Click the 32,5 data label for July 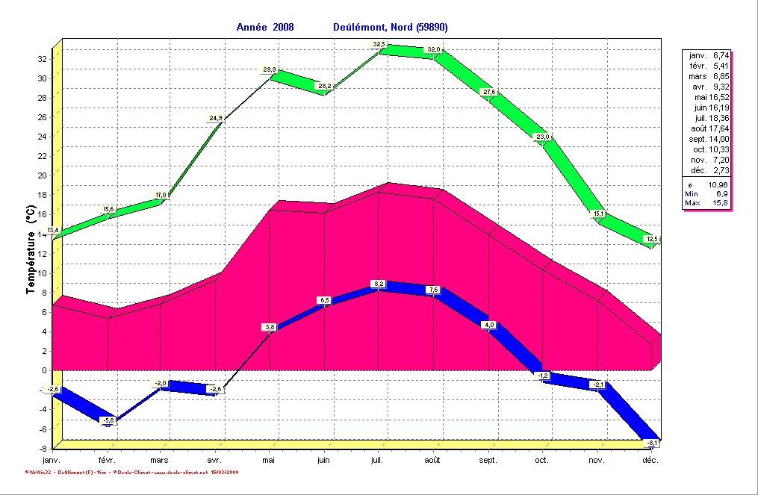[x=379, y=45]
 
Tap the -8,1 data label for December [x=653, y=443]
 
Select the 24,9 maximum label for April [x=215, y=118]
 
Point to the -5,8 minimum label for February [x=108, y=421]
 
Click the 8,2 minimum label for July [x=379, y=284]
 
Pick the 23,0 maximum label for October [x=543, y=137]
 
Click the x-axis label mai [x=269, y=461]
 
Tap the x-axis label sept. [x=488, y=461]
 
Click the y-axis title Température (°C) [x=31, y=252]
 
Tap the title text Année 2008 [x=265, y=28]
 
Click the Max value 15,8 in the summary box [x=718, y=203]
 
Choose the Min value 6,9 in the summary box [x=721, y=193]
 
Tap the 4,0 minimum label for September [x=489, y=325]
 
